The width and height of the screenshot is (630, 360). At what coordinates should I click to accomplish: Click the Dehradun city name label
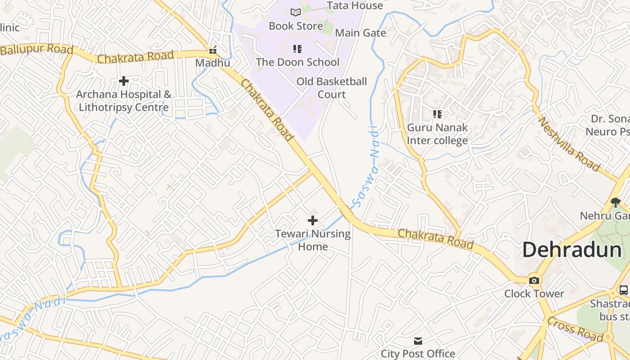tap(571, 250)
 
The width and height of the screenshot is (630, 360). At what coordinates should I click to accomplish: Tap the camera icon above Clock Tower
tap(534, 280)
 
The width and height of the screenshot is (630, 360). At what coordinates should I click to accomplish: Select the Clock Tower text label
tap(534, 294)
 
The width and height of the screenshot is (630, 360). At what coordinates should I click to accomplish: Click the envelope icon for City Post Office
tap(418, 341)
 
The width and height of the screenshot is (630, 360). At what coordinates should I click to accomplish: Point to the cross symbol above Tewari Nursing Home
tap(313, 220)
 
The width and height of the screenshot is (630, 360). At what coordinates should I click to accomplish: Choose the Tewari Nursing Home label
tap(313, 240)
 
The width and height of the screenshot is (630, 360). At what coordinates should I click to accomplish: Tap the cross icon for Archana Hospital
tap(124, 81)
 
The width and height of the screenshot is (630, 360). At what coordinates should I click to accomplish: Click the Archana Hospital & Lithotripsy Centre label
tap(124, 101)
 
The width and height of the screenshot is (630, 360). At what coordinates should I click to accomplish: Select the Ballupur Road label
tap(36, 49)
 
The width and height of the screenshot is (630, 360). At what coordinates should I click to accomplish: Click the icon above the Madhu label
tap(213, 49)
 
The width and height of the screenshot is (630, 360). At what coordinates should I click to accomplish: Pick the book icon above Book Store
tap(296, 12)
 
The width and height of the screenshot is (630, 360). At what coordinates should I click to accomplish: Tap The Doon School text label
tap(297, 62)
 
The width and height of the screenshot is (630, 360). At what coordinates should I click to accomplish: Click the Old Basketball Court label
tap(332, 88)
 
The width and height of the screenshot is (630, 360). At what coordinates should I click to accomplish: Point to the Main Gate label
tap(360, 33)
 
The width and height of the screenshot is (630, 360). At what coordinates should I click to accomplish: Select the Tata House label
tap(355, 5)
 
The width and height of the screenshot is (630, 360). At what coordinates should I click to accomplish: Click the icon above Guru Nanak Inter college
tap(437, 114)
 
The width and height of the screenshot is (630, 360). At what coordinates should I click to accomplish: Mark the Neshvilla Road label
tap(569, 144)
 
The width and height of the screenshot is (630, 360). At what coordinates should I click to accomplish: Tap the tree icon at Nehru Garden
tap(616, 202)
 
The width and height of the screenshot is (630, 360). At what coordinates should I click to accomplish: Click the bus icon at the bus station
tap(623, 290)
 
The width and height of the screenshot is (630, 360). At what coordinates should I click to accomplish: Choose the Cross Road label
tap(575, 329)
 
